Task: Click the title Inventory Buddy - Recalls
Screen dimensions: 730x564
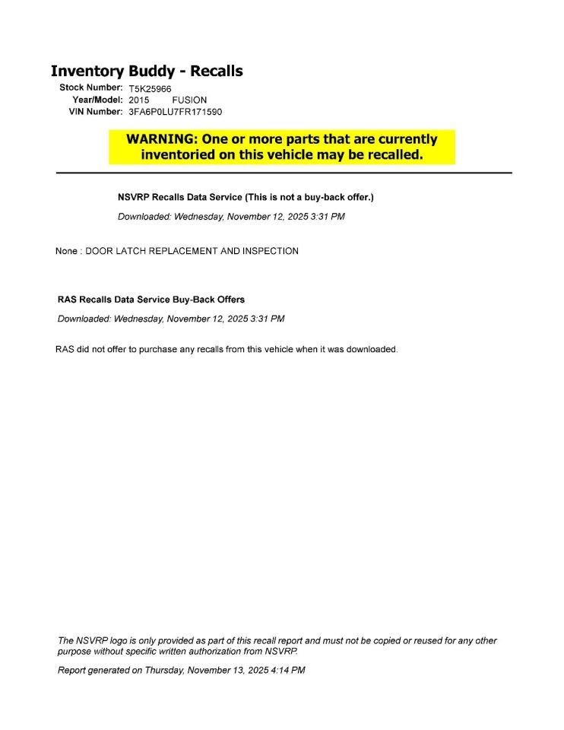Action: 146,71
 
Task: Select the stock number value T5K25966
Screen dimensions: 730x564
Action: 150,89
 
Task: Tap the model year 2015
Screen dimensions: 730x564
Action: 139,100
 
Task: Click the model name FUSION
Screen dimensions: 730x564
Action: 189,100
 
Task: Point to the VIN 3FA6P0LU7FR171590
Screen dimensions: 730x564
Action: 175,112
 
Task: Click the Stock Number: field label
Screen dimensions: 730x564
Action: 91,88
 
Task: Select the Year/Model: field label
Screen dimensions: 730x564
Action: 97,100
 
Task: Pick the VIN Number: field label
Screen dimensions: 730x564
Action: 96,111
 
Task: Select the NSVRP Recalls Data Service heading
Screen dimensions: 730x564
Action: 180,197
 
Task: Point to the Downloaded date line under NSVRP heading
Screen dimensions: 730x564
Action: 231,217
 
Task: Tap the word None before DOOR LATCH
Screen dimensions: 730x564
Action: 66,251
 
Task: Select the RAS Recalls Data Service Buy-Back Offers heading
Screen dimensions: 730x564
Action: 151,300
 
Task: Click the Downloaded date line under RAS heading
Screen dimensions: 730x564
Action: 171,319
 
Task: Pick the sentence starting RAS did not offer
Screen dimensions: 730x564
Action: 227,350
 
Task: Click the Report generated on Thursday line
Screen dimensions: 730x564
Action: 181,671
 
